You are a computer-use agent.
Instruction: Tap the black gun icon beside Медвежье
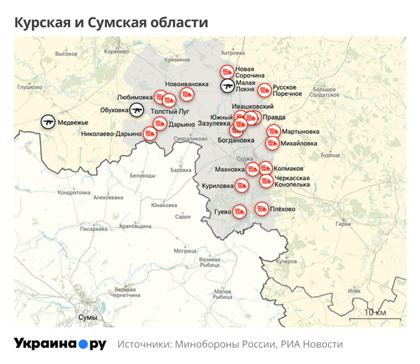pyautogui.click(x=48, y=121)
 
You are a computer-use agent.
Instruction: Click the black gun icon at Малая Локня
pyautogui.click(x=227, y=86)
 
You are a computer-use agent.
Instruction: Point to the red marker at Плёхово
pyautogui.click(x=261, y=209)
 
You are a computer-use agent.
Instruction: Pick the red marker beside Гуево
pyautogui.click(x=239, y=211)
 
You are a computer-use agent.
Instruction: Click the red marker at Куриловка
pyautogui.click(x=241, y=185)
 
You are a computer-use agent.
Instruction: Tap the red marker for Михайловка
pyautogui.click(x=272, y=143)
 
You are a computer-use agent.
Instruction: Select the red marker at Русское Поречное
pyautogui.click(x=264, y=90)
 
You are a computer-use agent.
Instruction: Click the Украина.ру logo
pyautogui.click(x=59, y=344)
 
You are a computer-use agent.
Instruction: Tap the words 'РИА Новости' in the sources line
pyautogui.click(x=311, y=344)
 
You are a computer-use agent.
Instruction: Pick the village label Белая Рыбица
pyautogui.click(x=209, y=261)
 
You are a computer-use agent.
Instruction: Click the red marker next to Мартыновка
pyautogui.click(x=272, y=131)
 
